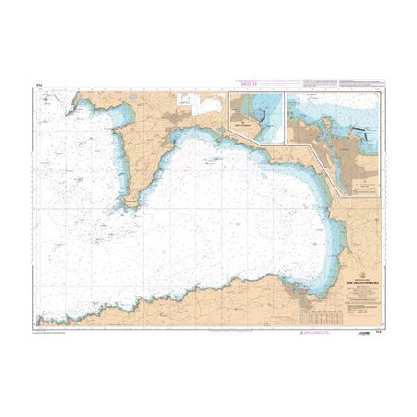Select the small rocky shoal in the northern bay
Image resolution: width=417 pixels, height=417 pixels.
[215, 159]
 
